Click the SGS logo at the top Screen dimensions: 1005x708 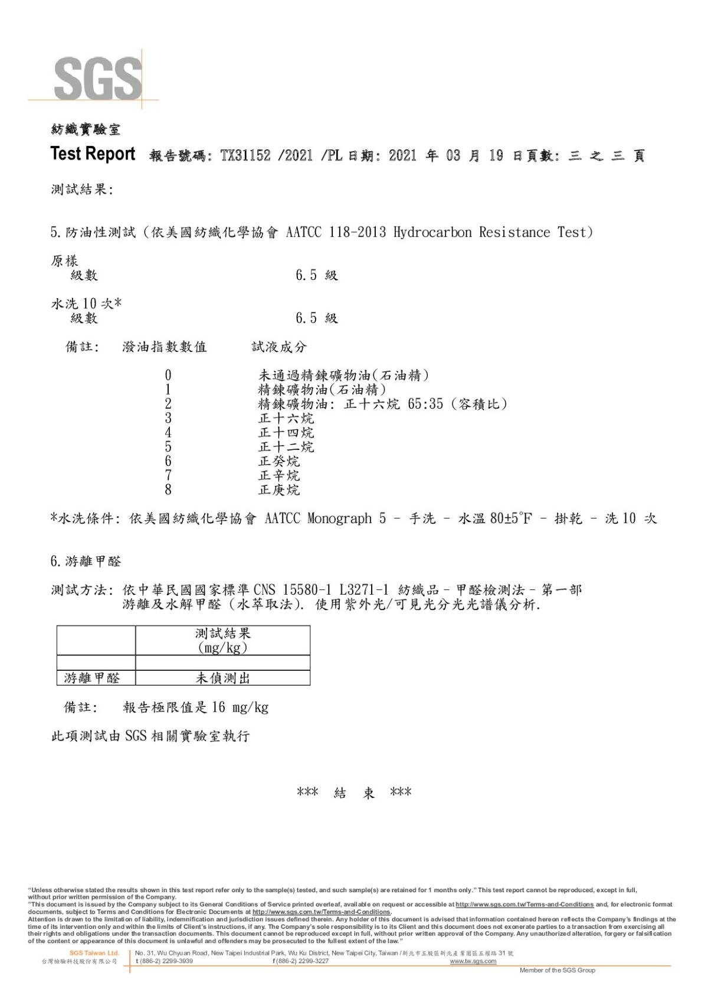(97, 79)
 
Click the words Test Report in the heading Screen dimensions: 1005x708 (93, 154)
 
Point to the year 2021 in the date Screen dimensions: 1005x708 (402, 156)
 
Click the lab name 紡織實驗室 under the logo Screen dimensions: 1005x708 (86, 129)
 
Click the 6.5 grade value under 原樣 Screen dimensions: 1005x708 (306, 275)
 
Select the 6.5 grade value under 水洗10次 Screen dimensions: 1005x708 (306, 318)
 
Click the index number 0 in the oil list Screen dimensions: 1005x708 (168, 376)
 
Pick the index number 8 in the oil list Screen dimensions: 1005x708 (168, 490)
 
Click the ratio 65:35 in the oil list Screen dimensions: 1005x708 (425, 404)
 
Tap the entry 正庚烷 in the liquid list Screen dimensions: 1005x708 (279, 490)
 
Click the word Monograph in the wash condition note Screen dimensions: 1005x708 (339, 518)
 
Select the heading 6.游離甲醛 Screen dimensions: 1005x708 (86, 562)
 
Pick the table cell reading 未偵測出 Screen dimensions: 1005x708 (222, 678)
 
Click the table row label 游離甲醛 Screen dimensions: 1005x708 (93, 678)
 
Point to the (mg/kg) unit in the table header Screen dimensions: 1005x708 (222, 648)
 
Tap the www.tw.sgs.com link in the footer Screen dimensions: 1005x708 (473, 961)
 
